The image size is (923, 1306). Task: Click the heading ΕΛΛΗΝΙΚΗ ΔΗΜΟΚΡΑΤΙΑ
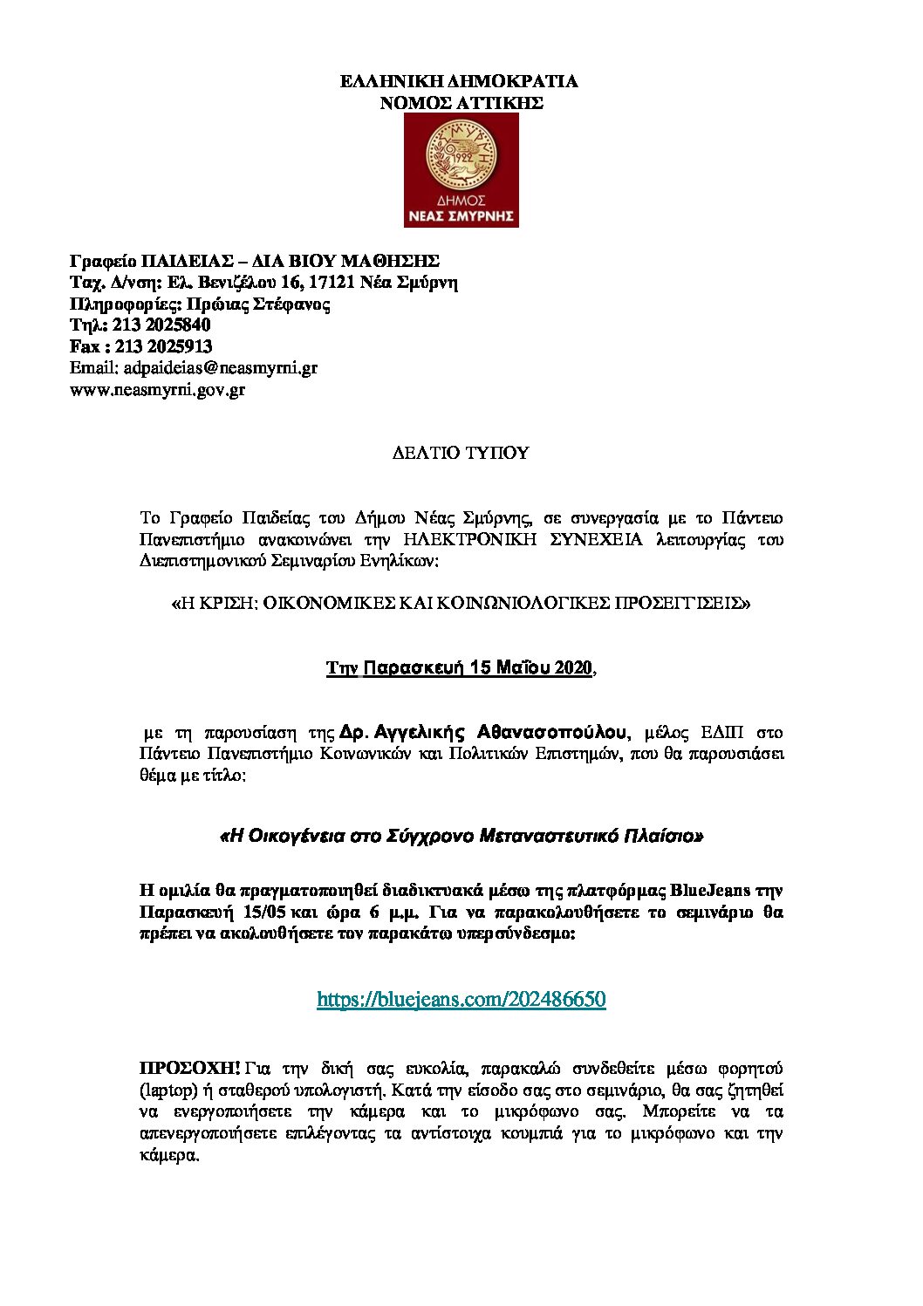(x=459, y=81)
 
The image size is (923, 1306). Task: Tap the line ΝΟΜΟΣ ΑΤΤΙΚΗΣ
(x=461, y=103)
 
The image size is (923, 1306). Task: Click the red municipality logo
(x=461, y=170)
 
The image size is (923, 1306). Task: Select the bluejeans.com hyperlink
(x=461, y=999)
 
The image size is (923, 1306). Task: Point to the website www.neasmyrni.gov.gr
(x=157, y=390)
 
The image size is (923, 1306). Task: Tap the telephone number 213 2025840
(x=161, y=325)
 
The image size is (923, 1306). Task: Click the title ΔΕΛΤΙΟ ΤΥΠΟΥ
(x=460, y=453)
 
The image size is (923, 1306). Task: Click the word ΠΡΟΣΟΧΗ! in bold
(x=190, y=1068)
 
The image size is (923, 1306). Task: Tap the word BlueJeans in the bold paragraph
(x=713, y=891)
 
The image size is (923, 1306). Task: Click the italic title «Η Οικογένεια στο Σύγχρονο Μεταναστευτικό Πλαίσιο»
(x=461, y=836)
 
